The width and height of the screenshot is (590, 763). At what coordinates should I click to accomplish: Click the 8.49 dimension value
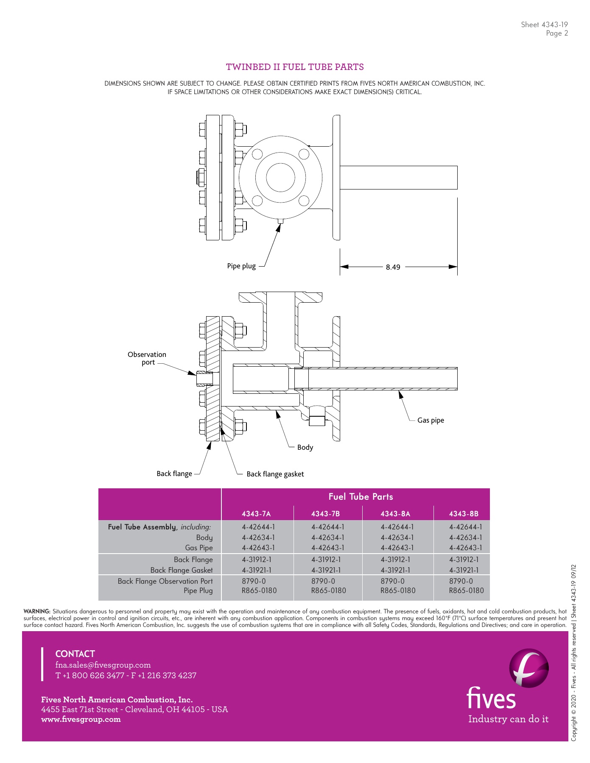point(393,267)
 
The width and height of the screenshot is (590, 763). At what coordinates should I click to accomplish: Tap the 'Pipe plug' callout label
point(241,266)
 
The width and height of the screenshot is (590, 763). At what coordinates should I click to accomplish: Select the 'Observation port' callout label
point(147,358)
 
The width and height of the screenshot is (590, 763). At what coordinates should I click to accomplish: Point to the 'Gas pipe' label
point(431,420)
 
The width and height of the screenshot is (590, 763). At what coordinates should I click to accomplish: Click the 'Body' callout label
point(305,447)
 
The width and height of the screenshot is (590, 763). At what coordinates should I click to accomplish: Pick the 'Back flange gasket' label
point(275,474)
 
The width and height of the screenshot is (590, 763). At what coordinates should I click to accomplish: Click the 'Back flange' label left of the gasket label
point(174,473)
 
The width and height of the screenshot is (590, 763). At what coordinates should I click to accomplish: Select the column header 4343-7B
point(325,514)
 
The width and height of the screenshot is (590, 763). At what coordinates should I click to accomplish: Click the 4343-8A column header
point(395,514)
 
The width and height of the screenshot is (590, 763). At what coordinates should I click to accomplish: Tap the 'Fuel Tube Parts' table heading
point(361,497)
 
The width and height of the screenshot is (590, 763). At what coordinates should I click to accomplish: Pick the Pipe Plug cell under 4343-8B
point(466,590)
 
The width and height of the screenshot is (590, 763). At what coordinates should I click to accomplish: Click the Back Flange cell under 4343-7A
point(257,560)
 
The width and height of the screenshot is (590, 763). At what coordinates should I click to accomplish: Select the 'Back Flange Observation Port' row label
point(165,581)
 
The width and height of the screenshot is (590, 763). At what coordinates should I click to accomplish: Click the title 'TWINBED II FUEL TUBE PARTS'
point(295,67)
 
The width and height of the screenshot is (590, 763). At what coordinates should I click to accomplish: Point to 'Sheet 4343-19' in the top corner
point(544,25)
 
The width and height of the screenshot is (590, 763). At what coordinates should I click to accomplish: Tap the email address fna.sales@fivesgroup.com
point(103,665)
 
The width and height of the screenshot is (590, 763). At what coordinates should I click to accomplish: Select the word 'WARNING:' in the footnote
point(37,611)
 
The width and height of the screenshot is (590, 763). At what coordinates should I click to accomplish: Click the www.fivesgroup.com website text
point(81,719)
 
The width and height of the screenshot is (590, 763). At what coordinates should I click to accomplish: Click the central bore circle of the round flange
point(280,177)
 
